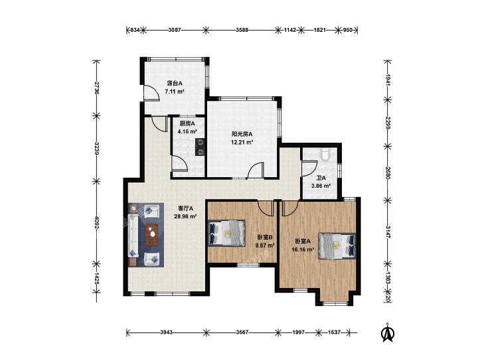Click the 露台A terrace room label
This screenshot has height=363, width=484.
coord(175,83)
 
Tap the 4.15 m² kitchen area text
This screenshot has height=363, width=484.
coord(187,131)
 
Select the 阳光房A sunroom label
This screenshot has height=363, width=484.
coord(242,134)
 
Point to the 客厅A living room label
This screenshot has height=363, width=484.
coord(185,208)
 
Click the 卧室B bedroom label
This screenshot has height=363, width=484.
coord(265,238)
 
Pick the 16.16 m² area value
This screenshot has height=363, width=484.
coord(303,250)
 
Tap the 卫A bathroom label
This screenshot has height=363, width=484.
coord(321,178)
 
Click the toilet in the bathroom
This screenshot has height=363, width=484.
coord(325,154)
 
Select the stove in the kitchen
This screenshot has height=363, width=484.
coord(200,147)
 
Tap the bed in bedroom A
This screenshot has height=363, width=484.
coord(337,246)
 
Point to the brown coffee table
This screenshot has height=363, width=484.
coord(152,234)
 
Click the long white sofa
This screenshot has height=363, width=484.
coord(133,236)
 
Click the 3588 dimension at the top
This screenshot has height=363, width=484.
coord(242,30)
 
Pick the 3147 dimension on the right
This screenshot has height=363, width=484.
coord(388,232)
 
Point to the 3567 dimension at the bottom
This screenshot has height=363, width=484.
coord(242,332)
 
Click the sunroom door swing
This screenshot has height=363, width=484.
coord(256,170)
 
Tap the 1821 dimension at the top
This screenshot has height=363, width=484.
coord(320,30)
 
